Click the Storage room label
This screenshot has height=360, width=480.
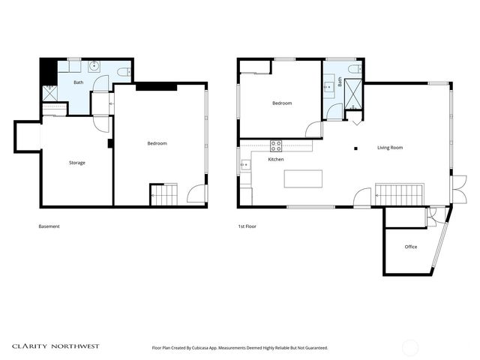coord(76,163)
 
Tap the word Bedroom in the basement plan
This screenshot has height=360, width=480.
coord(157,143)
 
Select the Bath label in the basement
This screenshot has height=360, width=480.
coord(78,82)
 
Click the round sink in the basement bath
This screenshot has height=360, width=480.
coord(94,66)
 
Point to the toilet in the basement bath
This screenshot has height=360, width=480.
coord(123,73)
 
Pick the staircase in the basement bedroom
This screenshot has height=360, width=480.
coord(163,194)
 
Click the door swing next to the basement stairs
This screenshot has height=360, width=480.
coord(195,195)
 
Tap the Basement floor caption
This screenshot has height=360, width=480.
coord(49,226)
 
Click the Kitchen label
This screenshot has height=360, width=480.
coord(276,160)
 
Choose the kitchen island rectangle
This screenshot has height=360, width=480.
coord(303,178)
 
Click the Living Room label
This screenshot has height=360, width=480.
coord(389,148)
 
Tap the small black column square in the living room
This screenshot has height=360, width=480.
coord(357,148)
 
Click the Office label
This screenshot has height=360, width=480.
coord(410,247)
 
